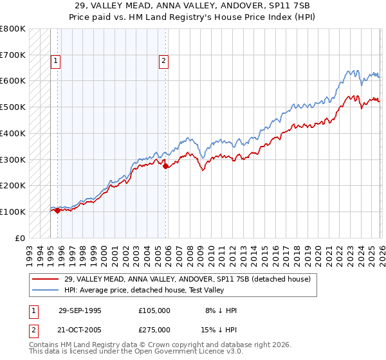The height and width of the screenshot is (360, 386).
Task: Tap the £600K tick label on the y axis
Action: tap(13, 81)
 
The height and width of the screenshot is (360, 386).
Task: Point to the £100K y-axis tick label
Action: tap(13, 212)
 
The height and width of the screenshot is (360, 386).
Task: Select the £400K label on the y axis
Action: tap(13, 133)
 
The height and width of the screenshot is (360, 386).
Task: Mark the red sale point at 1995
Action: tap(58, 210)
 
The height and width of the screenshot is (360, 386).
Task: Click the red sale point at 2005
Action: tap(165, 166)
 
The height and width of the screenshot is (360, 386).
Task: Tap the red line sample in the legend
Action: tap(46, 279)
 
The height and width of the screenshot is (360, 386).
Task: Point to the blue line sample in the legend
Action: tap(46, 289)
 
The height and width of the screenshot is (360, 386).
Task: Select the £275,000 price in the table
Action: tap(154, 329)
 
